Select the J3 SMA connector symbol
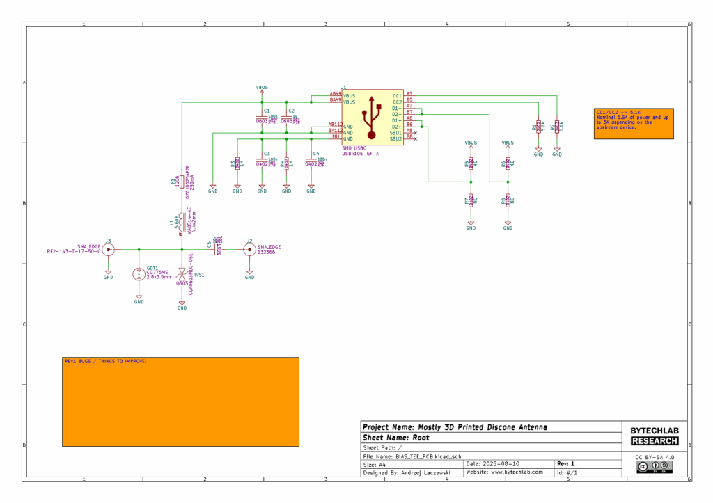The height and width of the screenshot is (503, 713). pos(109,249)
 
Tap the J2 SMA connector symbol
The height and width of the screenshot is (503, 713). pos(249,249)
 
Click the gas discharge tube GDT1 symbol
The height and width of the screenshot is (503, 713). pos(139,274)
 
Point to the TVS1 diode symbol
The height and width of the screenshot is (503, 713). pos(182,274)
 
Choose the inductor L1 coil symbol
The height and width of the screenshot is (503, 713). pos(182,223)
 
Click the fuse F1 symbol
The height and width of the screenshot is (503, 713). pos(182,182)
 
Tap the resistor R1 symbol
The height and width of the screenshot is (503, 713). pos(538,127)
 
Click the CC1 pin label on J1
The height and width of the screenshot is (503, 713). pos(397,95)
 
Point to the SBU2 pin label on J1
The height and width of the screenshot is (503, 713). pos(395,138)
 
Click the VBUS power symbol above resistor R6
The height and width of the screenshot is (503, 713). pos(508,143)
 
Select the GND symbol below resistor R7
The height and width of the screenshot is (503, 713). pos(471,225)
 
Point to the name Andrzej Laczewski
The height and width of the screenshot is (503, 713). pos(424,472)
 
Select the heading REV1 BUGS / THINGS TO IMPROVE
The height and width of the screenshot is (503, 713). pos(106,361)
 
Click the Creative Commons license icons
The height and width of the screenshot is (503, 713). pos(654,466)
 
